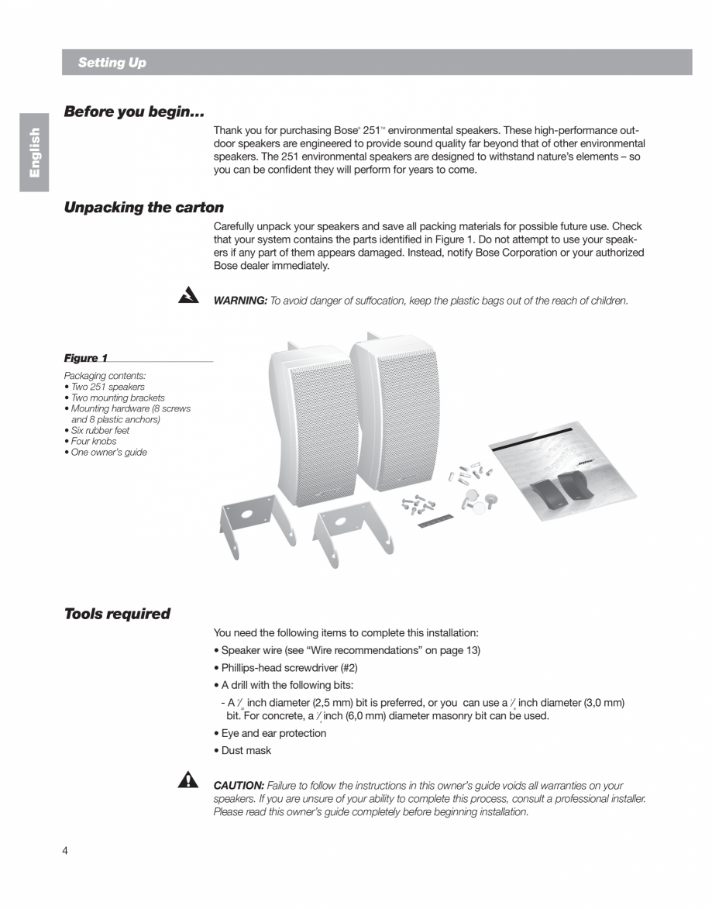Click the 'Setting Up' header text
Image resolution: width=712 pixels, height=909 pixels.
point(112,63)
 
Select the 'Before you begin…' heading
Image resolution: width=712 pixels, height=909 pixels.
point(134,112)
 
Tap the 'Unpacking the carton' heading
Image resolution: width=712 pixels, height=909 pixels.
point(143,208)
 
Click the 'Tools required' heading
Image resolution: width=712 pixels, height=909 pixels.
point(117,614)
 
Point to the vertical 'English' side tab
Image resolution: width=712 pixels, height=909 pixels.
point(35,153)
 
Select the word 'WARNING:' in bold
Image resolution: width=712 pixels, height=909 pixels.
point(240,301)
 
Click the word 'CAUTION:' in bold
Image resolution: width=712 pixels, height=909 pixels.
point(239,786)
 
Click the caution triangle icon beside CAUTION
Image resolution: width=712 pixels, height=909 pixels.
point(187,781)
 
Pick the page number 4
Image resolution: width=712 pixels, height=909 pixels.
point(65,851)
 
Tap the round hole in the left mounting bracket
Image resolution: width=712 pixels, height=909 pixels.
point(246,514)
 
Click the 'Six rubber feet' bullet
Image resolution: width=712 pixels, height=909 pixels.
point(99,430)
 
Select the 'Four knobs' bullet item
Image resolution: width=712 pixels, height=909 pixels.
point(93,441)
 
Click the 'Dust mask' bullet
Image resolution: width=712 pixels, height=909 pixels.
point(246,750)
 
